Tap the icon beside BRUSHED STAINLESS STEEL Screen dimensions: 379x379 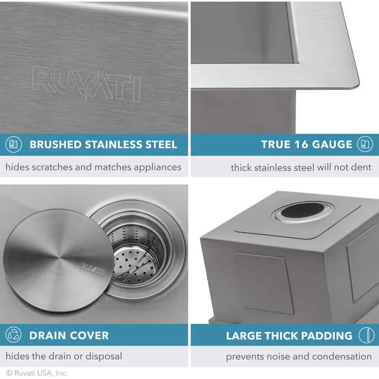point(14,145)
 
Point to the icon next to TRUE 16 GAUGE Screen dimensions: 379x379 point(365,145)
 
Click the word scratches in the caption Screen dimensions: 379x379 point(52,167)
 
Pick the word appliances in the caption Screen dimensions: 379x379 point(153,167)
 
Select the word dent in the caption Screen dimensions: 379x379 point(361,167)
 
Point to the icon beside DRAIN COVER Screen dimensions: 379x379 point(14,335)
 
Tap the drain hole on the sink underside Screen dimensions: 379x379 point(303,211)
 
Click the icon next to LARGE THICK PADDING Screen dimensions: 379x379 point(365,335)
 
